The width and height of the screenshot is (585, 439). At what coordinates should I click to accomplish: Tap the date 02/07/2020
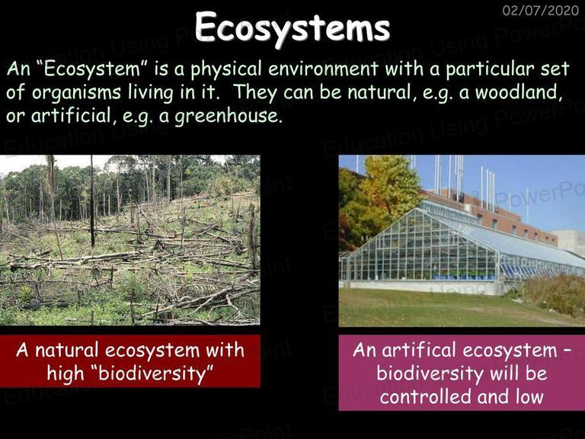tap(541, 10)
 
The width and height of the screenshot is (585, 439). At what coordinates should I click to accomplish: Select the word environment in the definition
tap(323, 69)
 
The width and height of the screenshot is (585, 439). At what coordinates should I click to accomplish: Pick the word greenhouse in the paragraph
tap(227, 116)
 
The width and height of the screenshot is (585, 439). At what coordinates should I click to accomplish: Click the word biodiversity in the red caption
tap(152, 373)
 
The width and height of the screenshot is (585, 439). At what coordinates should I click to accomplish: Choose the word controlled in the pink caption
tap(425, 396)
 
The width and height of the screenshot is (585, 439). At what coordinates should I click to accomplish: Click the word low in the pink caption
tap(530, 396)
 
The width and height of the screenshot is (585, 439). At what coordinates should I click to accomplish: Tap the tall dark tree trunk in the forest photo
tap(91, 201)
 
